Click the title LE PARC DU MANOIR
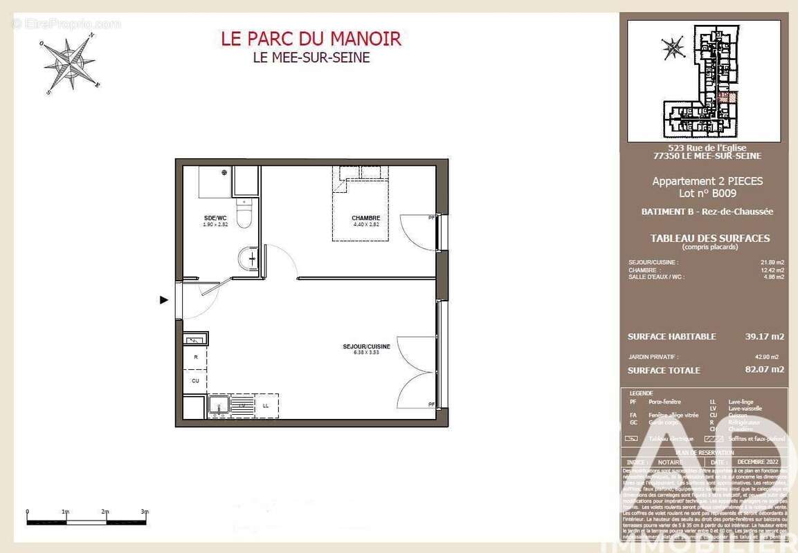pyautogui.click(x=311, y=39)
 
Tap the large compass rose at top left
pyautogui.click(x=70, y=64)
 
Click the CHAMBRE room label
pyautogui.click(x=366, y=218)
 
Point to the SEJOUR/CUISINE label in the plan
pyautogui.click(x=366, y=346)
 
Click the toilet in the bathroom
pyautogui.click(x=244, y=214)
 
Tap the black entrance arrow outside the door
pyautogui.click(x=164, y=299)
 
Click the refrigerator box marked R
pyautogui.click(x=196, y=357)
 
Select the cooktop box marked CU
pyautogui.click(x=196, y=380)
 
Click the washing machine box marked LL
pyautogui.click(x=266, y=406)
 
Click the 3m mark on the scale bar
pyautogui.click(x=145, y=512)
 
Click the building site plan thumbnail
pyautogui.click(x=704, y=81)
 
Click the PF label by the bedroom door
pyautogui.click(x=432, y=218)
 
